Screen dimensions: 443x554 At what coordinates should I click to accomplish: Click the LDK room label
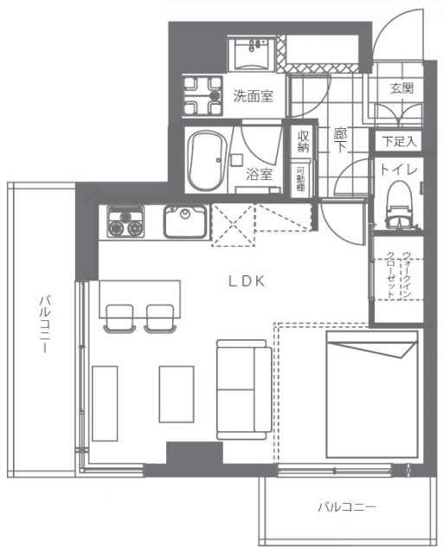coord(247,281)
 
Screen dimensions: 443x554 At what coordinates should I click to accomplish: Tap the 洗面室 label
coord(253,96)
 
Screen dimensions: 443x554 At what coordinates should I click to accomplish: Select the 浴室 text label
coord(260,174)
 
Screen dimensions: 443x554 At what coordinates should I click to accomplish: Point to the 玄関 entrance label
coord(402,88)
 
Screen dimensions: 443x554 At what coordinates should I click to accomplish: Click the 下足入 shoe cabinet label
coord(399,142)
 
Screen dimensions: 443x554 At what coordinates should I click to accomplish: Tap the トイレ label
coord(399,170)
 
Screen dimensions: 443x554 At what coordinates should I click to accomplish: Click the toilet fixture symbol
coord(401,203)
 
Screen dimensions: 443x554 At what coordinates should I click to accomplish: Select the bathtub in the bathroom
coord(208,161)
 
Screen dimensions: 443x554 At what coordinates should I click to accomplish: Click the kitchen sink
coord(185,222)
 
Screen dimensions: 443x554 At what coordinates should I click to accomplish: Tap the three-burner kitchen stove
coord(125,222)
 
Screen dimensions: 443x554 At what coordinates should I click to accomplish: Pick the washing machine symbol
coord(202,96)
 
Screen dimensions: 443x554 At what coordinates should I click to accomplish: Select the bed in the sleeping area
coord(372,395)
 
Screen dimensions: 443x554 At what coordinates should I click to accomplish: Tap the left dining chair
coord(119,319)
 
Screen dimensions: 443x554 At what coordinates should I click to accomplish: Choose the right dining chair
coord(160,319)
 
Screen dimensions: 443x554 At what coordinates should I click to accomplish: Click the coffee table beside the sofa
coord(177,395)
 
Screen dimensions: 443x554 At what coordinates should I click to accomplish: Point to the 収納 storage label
coord(304,141)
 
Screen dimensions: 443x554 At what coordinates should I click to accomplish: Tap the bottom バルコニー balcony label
coord(347,507)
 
